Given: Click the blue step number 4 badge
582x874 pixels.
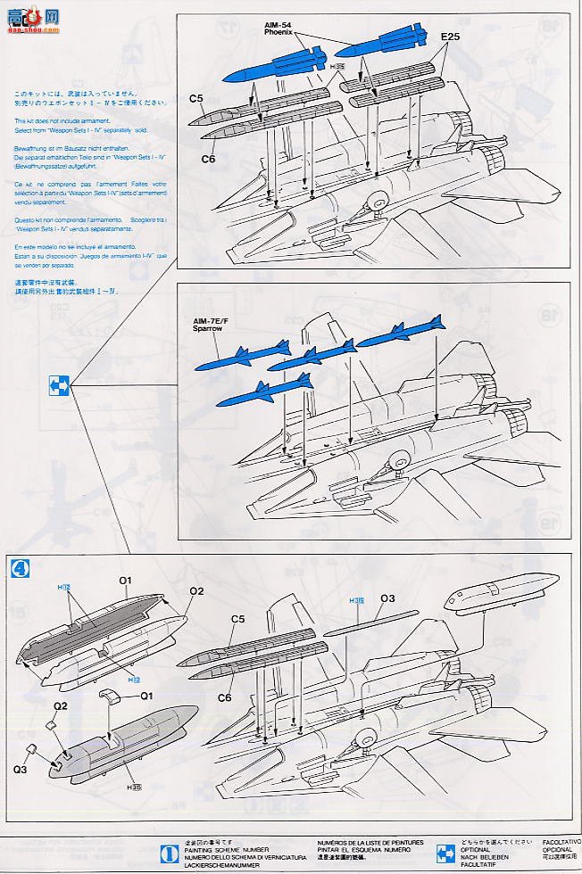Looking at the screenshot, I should (17, 567).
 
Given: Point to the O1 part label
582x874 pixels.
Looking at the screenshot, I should (125, 581).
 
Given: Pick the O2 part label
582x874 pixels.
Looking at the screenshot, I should (196, 590).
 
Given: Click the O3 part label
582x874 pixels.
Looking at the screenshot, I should (387, 598).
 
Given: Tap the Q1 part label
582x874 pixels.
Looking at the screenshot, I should (146, 696).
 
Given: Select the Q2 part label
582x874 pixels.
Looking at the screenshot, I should (60, 705).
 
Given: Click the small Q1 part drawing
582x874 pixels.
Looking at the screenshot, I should (109, 697).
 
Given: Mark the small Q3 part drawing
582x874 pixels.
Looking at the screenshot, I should (31, 749).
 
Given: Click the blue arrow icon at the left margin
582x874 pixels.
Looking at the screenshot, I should (59, 386).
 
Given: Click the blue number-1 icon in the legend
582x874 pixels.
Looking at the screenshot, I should (164, 852).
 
